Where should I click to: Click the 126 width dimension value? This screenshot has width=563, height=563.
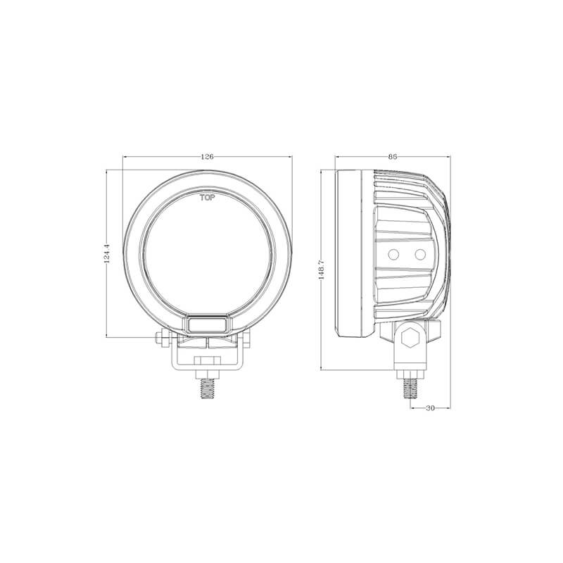pos(207,156)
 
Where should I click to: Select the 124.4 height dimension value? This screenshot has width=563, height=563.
pos(106,254)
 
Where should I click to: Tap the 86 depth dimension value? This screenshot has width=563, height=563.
pos(393,156)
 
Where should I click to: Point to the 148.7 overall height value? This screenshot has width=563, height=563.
pos(322,270)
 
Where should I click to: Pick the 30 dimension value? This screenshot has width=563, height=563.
pos(430,408)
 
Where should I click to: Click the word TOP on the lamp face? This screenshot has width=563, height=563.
pos(208,198)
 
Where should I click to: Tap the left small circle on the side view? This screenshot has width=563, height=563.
pos(393,255)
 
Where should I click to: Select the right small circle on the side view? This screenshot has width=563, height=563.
pos(420,255)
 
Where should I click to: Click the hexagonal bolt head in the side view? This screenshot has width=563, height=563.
pos(411,338)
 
